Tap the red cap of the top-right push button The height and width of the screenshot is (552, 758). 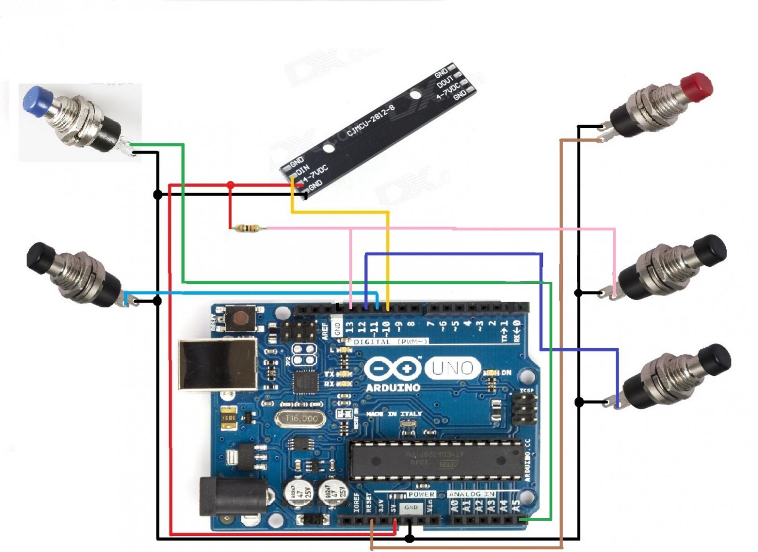pos(696,86)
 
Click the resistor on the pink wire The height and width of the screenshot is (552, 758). pos(247,229)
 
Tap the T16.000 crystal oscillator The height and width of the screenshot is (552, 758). pos(301,418)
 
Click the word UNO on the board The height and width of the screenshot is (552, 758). pos(452,368)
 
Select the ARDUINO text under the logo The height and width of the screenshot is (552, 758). pos(393,388)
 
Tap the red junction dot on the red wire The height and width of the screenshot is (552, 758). pos(230,184)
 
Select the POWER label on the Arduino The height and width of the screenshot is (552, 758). pos(421,494)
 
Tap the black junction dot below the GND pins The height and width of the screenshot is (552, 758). pos(410,538)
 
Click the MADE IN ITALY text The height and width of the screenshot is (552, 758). pos(394,414)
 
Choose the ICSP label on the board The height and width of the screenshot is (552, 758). pos(526,390)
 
